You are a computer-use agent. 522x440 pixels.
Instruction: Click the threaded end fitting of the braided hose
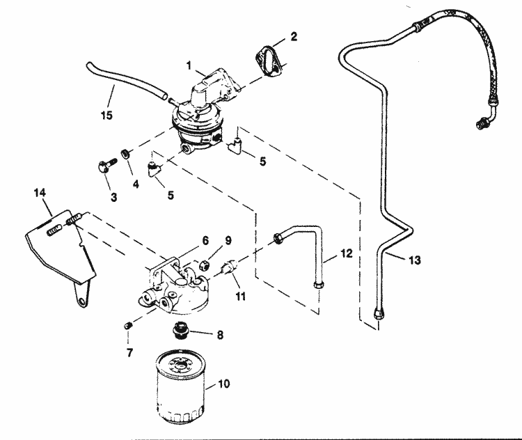coord(480,125)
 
